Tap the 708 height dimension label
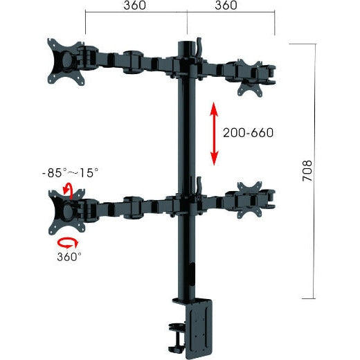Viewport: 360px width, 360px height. [x=308, y=172]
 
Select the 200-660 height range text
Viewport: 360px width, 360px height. [x=248, y=132]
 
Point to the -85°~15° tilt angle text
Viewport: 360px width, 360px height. [x=70, y=172]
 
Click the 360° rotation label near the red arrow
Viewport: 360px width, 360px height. [x=69, y=257]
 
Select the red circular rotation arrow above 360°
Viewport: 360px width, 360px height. [x=68, y=242]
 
